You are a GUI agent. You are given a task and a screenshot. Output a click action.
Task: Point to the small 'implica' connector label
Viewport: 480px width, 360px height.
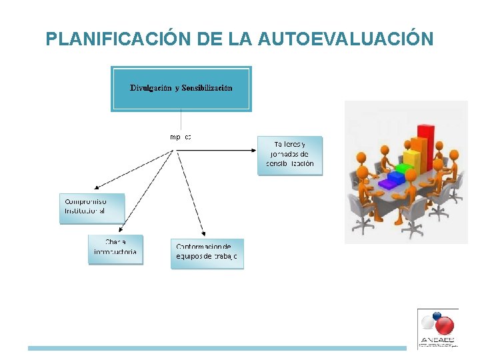click(181, 137)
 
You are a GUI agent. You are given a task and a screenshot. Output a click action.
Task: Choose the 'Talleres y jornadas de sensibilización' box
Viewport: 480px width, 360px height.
click(290, 155)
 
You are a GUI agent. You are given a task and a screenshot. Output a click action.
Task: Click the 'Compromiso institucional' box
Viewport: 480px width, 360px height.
click(91, 208)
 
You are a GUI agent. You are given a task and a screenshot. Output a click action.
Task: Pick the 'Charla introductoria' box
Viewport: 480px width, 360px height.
click(115, 249)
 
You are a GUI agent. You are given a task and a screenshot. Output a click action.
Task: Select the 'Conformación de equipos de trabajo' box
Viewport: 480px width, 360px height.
click(207, 253)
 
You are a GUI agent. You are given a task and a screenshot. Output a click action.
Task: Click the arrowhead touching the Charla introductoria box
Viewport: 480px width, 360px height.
click(142, 234)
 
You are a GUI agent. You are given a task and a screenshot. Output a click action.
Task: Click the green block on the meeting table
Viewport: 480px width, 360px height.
click(403, 168)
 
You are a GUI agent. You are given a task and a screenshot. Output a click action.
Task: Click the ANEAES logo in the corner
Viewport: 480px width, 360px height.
click(437, 328)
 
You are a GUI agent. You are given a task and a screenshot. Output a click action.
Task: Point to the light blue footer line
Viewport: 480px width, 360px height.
click(217, 348)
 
